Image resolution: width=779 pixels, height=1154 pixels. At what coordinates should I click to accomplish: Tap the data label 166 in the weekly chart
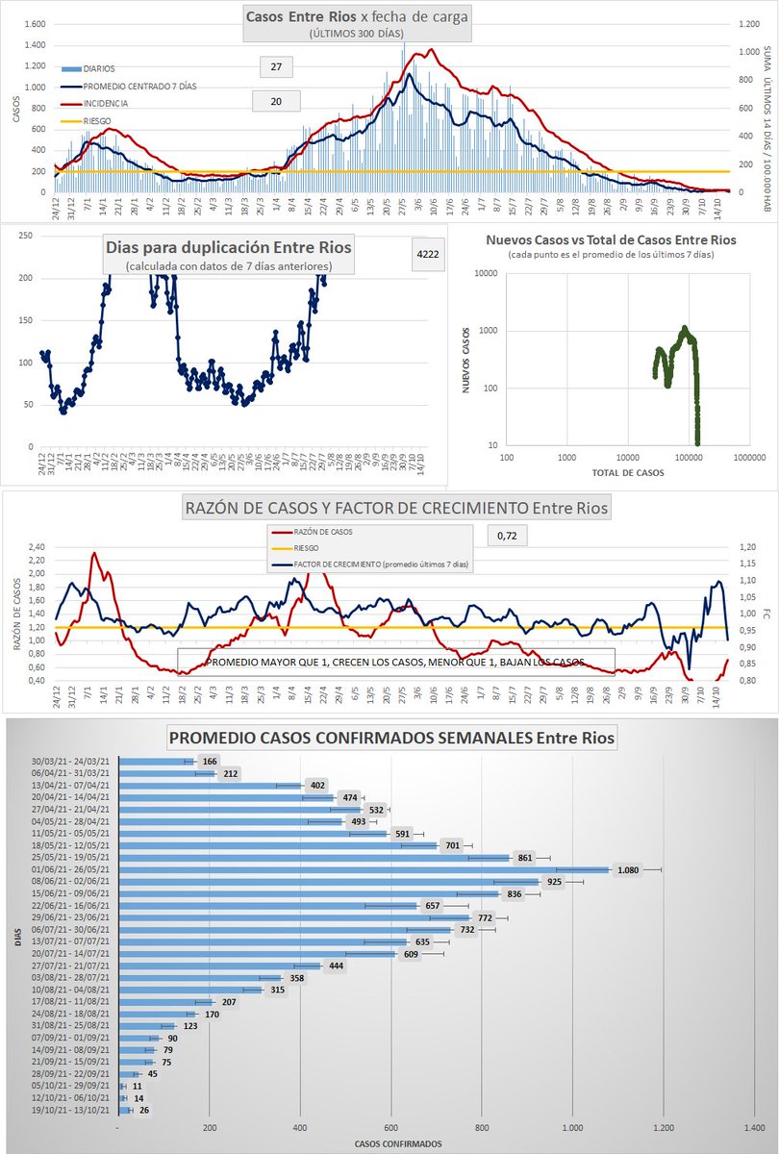coord(210,762)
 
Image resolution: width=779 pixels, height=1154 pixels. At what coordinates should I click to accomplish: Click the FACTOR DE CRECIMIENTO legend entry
coord(375,564)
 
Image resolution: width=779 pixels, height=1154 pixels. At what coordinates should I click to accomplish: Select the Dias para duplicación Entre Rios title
coord(227,246)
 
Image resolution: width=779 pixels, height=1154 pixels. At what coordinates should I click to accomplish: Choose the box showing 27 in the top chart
coord(277,66)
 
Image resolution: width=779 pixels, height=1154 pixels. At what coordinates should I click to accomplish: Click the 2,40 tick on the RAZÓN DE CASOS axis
coord(35,546)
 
